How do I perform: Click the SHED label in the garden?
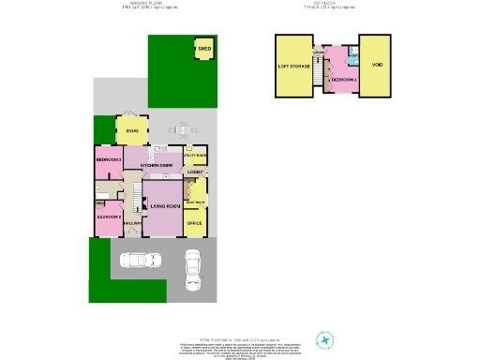click(x=203, y=48)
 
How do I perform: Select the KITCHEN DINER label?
click(x=156, y=165)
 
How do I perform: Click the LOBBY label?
click(x=194, y=172)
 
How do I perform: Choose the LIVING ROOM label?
click(x=164, y=206)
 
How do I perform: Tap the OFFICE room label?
click(x=194, y=223)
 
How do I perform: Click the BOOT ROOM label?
click(x=194, y=202)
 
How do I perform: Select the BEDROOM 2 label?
click(x=109, y=217)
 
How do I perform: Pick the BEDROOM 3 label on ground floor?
click(x=109, y=160)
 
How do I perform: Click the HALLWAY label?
click(x=132, y=223)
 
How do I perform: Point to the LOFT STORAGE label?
click(x=293, y=67)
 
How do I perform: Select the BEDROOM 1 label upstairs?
click(x=343, y=80)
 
